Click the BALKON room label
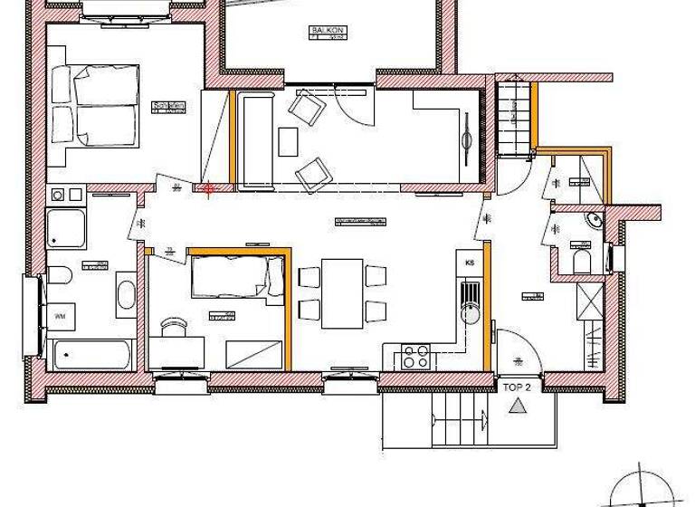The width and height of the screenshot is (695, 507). [x=324, y=30]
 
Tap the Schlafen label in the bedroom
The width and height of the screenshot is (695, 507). [x=169, y=106]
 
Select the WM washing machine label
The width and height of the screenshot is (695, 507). [x=61, y=316]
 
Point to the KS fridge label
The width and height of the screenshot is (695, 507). [x=470, y=263]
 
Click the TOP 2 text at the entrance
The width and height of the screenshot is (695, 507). [x=517, y=387]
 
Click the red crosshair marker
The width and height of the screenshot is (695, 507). [x=209, y=189]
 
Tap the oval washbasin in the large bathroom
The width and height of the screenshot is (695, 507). [x=126, y=294]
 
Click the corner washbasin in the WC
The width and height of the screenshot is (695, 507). [x=593, y=218]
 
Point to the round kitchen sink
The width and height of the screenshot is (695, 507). [x=469, y=313]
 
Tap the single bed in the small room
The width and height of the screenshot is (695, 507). [x=232, y=275]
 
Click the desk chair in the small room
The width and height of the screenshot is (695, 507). [x=173, y=326]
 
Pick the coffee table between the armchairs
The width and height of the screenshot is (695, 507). [x=288, y=141]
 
